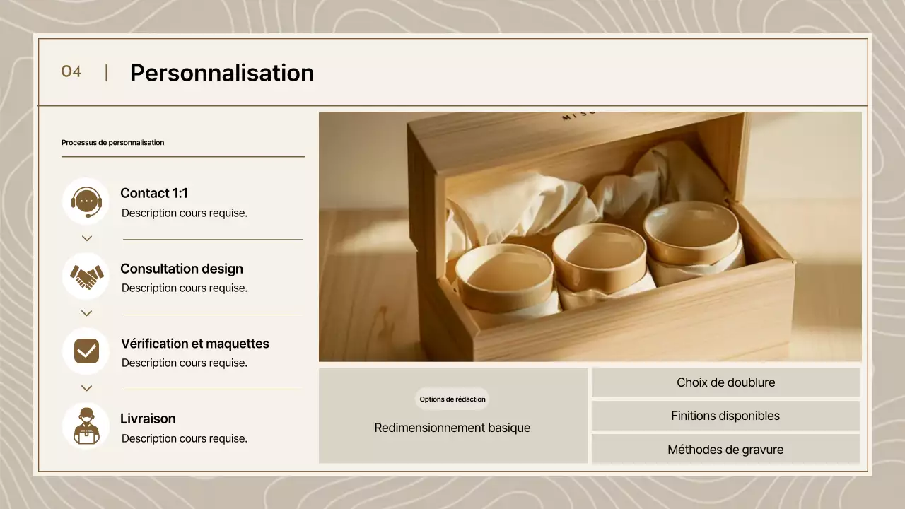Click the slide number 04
(x=71, y=71)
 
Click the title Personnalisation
(x=222, y=73)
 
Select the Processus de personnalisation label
(x=112, y=143)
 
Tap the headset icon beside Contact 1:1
(x=86, y=201)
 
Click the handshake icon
(x=86, y=276)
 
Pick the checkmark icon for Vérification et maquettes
(x=86, y=351)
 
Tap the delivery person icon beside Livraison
(x=86, y=426)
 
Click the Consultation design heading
(x=182, y=269)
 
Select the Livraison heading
(x=148, y=419)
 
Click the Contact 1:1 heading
(x=154, y=193)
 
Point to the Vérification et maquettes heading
(x=195, y=344)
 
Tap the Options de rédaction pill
(x=452, y=399)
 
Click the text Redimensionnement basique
(x=452, y=428)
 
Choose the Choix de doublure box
(x=725, y=382)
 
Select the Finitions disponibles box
(x=725, y=416)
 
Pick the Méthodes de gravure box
(x=725, y=450)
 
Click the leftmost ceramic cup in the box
(x=504, y=276)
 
